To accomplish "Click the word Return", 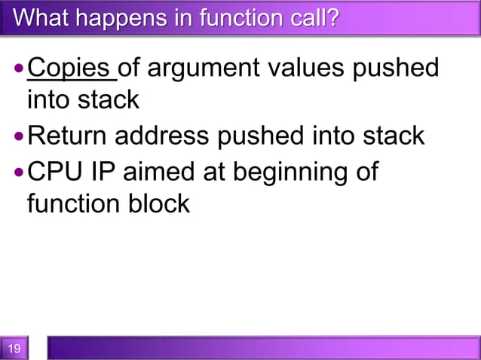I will coord(66,136).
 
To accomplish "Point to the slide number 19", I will coord(14,348).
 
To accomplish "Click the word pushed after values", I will coord(400,69).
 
